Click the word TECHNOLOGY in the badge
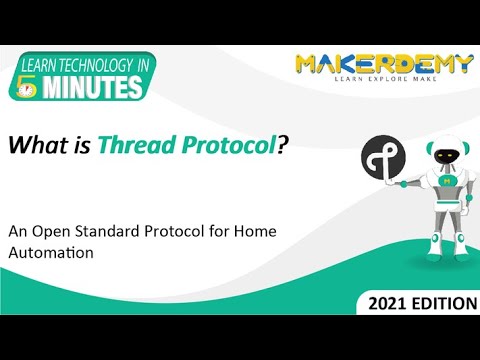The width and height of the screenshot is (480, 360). (x=92, y=66)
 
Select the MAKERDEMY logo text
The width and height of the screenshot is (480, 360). (x=383, y=66)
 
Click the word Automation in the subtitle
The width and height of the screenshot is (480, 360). (x=51, y=254)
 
